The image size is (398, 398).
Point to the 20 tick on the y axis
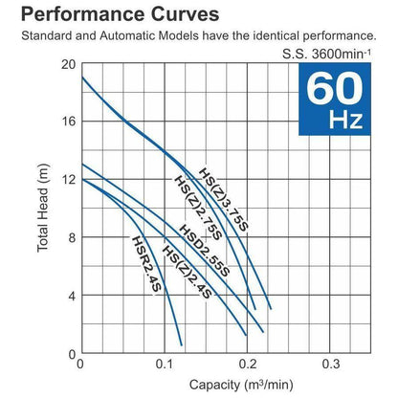[x=67, y=65]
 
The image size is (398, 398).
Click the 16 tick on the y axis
[x=67, y=122]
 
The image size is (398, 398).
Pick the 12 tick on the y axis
[x=67, y=180]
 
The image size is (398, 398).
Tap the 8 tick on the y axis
[x=70, y=237]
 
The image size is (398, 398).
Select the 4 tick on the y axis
[x=70, y=296]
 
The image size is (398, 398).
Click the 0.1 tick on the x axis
[x=164, y=365]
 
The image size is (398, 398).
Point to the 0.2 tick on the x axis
[x=248, y=365]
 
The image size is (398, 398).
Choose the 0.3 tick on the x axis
[x=331, y=365]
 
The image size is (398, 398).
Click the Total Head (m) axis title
[x=43, y=209]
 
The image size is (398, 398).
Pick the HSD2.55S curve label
[x=205, y=252]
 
